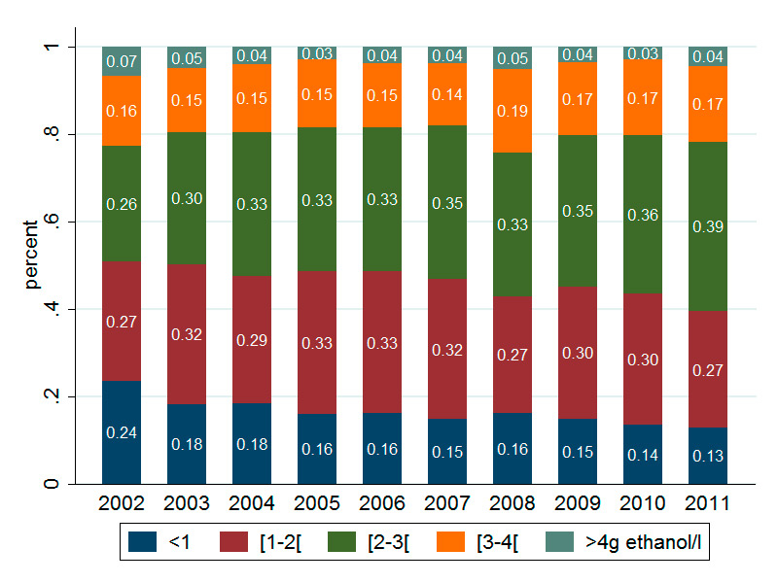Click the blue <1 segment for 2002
point(122,457)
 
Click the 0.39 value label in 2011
point(708,225)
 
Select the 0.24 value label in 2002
point(122,434)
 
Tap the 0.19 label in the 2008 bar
point(513,110)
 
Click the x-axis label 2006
point(382,504)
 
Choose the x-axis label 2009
point(578,504)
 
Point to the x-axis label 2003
point(187,504)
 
